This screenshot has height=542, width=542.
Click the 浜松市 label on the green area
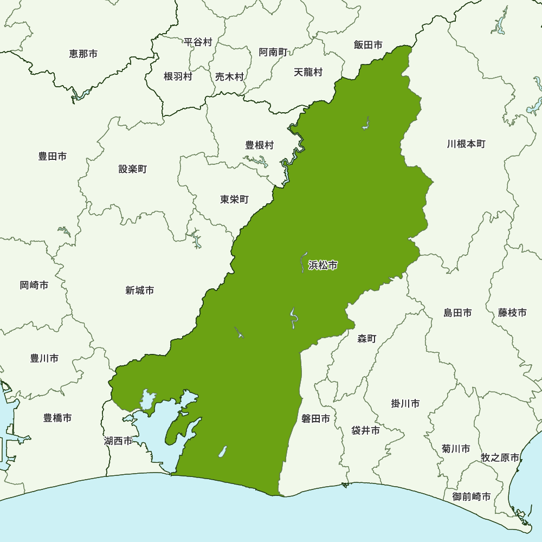coord(323,266)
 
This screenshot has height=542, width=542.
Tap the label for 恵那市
coord(83,54)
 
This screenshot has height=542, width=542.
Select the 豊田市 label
coord(53,157)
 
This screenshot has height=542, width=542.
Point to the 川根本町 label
coord(466,144)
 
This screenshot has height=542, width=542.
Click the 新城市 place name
coord(139,291)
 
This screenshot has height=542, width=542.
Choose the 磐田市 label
coord(315,419)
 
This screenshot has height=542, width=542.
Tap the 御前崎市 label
coord(472,497)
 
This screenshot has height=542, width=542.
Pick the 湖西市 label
coord(118,441)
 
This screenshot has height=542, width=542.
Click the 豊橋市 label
coord(57,418)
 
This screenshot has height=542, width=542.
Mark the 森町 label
coord(367,339)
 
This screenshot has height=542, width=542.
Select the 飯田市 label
coord(368,46)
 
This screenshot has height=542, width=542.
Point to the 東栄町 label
coord(234,200)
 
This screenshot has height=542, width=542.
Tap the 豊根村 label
coord(260,145)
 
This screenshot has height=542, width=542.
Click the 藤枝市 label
coord(512,313)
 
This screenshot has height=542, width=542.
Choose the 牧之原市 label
coord(500,458)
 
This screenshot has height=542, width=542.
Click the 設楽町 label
coord(132,170)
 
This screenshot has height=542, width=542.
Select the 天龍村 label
coord(308,72)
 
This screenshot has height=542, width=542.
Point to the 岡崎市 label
coord(34,286)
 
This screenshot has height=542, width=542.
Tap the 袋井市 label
coord(365,431)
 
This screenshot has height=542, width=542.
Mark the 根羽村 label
coord(178,77)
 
